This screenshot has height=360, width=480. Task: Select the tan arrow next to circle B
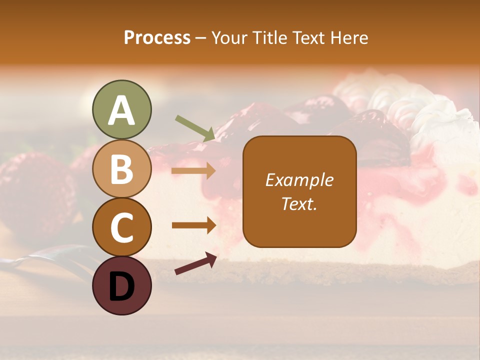coord(193,171)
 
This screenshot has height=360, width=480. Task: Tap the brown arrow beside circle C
coord(194,225)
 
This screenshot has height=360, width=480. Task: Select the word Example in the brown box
coord(299,180)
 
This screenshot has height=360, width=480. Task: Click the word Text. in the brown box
coord(299,204)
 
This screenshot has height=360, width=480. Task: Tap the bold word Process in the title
coord(157,37)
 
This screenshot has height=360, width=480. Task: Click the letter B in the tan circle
coord(121,169)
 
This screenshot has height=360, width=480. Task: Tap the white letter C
coord(121,228)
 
